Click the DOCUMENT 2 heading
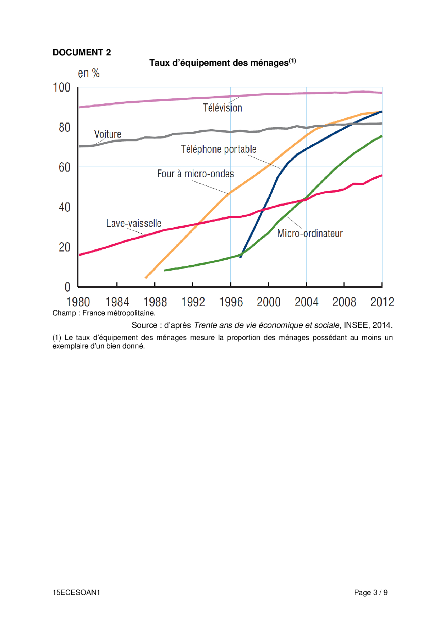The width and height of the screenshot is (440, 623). [82, 53]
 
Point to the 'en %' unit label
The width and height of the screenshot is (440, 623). [89, 73]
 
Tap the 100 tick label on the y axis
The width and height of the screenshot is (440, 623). [62, 87]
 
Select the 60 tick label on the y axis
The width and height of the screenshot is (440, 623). [64, 167]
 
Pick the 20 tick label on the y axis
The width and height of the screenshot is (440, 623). [64, 247]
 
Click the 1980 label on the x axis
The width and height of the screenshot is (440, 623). [78, 302]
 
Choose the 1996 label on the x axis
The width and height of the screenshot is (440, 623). [231, 302]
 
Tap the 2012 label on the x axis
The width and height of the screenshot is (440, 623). [382, 302]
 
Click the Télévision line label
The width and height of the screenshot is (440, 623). [222, 108]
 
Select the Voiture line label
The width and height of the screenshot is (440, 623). [108, 134]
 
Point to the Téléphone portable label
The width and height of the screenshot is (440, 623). [219, 149]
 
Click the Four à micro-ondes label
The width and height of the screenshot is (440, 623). [196, 174]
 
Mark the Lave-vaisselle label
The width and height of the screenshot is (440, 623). [134, 223]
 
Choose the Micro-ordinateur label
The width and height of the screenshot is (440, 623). [310, 234]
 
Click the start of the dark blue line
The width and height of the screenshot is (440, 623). [240, 256]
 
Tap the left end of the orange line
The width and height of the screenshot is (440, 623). [146, 278]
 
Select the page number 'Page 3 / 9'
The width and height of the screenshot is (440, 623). [370, 592]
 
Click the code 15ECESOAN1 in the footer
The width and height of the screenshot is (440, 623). [76, 592]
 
